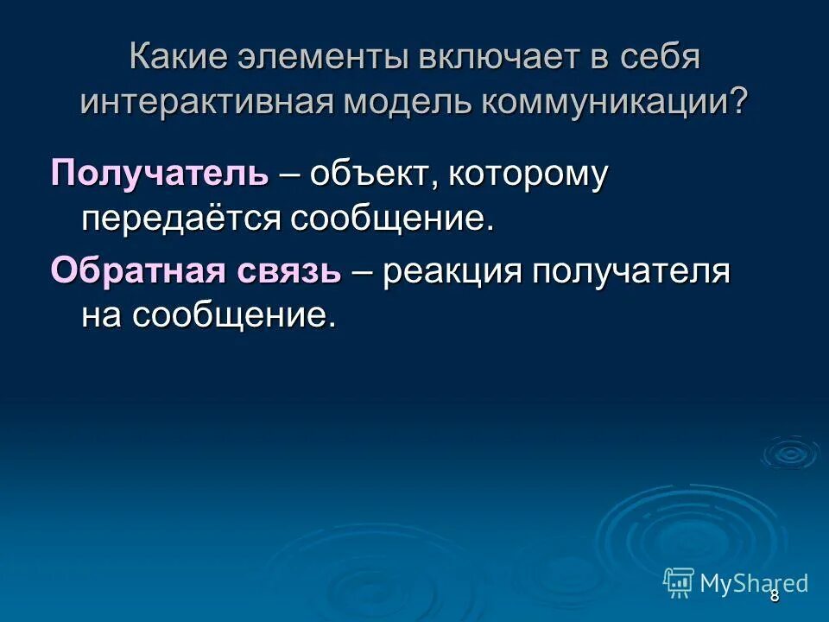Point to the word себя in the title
pyautogui.click(x=661, y=59)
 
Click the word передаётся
pyautogui.click(x=182, y=218)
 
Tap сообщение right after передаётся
pyautogui.click(x=392, y=218)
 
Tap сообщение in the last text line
pyautogui.click(x=232, y=315)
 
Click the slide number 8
pyautogui.click(x=775, y=595)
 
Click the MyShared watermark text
pyautogui.click(x=753, y=583)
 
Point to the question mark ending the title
pyautogui.click(x=739, y=102)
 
